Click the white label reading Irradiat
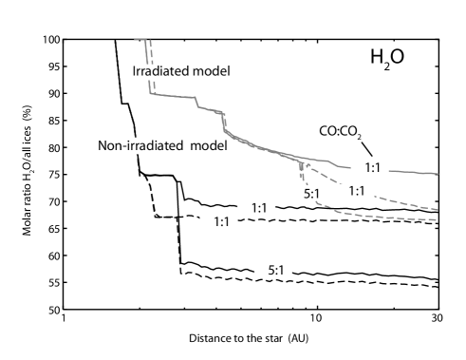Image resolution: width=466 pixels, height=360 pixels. pos(152,71)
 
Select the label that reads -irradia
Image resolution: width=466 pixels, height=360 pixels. pos(140,145)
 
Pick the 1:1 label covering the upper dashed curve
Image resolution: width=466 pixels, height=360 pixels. pos(357,191)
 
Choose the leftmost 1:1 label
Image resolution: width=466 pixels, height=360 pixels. pos(218,222)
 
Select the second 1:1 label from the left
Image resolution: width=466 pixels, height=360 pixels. pos(256,208)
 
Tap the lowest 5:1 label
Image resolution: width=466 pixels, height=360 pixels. pos(274,271)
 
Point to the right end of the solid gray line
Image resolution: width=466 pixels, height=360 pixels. pos(437,174)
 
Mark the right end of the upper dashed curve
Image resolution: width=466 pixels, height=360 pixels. pos(437,209)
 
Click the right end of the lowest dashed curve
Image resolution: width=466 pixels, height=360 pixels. pos(437,220)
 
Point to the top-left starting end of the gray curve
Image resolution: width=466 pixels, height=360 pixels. pos(136,39)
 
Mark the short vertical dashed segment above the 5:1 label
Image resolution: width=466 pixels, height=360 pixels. pos(301,171)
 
